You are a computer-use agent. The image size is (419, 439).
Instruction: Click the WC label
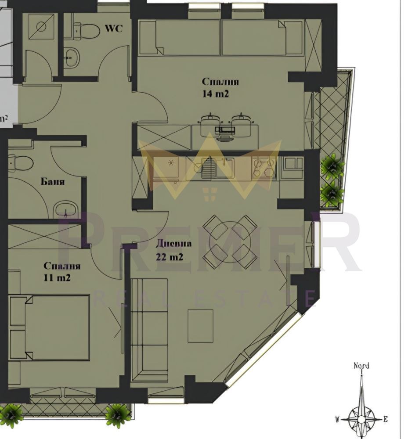click(114, 28)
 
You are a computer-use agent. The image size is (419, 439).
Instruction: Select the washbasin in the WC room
click(72, 58)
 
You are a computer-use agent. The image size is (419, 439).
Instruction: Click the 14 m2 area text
click(215, 94)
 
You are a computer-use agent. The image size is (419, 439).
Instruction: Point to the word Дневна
click(173, 244)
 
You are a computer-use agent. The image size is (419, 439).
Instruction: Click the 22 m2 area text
click(170, 257)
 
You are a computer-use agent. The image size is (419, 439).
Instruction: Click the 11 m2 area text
click(57, 277)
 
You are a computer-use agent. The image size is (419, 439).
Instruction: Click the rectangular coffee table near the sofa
click(200, 326)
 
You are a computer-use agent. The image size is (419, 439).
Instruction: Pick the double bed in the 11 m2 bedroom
click(49, 327)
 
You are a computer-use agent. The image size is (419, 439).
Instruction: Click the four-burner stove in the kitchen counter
click(264, 168)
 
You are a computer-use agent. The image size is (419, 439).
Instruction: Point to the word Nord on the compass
click(361, 366)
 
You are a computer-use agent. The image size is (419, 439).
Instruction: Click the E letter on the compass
click(385, 419)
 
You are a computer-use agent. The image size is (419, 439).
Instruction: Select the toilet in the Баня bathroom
click(21, 163)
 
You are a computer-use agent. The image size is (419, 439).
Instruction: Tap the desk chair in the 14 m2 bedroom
click(224, 134)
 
